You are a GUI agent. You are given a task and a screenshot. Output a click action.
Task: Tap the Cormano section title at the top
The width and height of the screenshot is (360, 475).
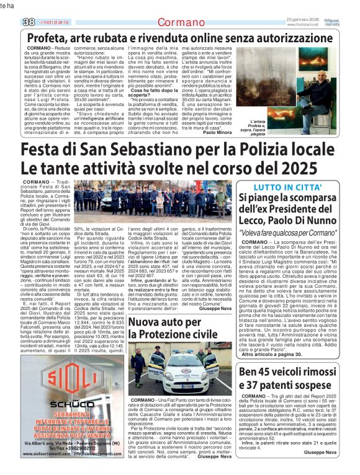tap(179, 22)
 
